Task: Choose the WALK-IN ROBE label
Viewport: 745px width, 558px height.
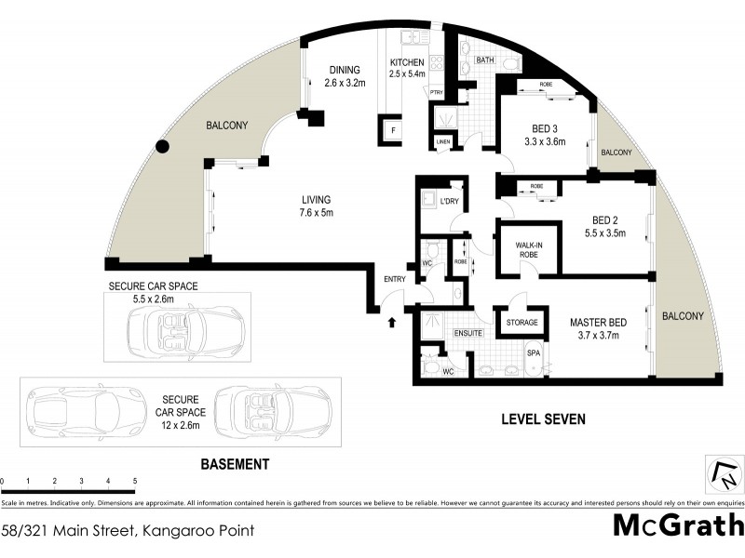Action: click(529, 252)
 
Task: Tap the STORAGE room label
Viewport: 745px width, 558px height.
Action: click(522, 323)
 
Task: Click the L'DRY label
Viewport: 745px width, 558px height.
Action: click(434, 200)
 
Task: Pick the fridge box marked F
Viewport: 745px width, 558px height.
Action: click(394, 131)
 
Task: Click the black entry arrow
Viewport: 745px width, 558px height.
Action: click(391, 323)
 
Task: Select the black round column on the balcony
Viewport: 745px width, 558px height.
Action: click(163, 146)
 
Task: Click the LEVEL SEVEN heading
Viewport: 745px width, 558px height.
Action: click(543, 419)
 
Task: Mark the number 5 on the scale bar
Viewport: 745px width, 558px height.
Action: click(136, 481)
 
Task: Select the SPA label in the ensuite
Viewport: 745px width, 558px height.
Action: click(534, 354)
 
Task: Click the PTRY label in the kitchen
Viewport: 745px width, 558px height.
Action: click(436, 92)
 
